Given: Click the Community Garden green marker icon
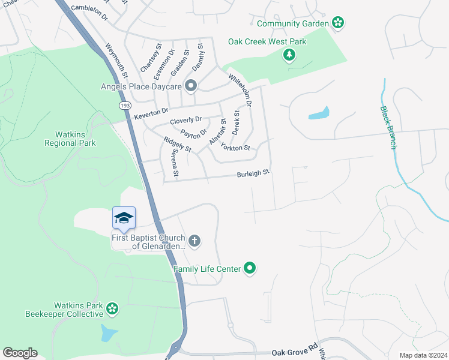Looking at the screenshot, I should [x=338, y=23].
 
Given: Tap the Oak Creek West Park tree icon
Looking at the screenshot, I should [x=289, y=56].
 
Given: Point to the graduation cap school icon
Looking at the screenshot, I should [x=124, y=218].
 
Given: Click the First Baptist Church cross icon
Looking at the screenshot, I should [x=194, y=241].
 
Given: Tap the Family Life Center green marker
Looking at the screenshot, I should [x=250, y=269].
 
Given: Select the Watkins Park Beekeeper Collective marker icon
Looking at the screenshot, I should [x=112, y=309].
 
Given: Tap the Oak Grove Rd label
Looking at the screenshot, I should [x=294, y=347].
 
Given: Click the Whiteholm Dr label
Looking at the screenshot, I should [x=240, y=91].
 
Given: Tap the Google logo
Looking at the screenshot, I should [x=20, y=353].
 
